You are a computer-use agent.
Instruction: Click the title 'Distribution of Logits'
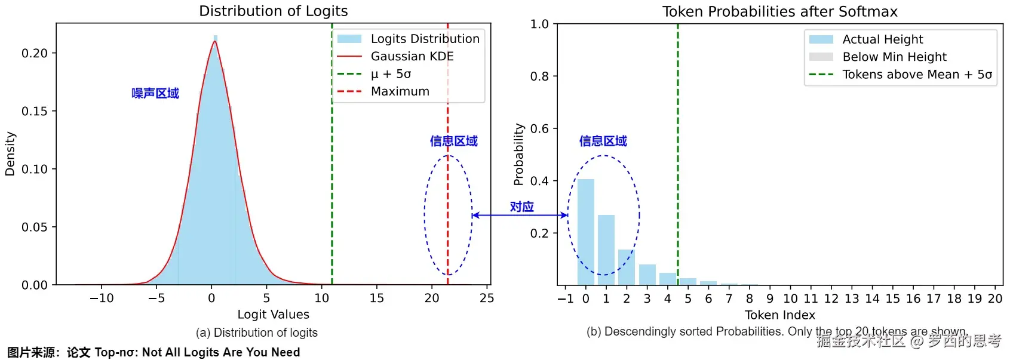click(273, 11)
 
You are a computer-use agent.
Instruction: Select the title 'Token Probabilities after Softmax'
click(779, 11)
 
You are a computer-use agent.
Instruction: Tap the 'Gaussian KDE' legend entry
click(412, 56)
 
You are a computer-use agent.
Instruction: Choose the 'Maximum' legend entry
click(400, 91)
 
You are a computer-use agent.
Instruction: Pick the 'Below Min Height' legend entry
click(894, 57)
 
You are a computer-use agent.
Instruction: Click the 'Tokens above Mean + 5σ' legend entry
click(917, 75)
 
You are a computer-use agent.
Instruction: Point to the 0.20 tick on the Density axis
click(35, 53)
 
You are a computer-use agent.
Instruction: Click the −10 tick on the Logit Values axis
click(102, 298)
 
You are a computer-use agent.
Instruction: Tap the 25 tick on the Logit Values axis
click(487, 298)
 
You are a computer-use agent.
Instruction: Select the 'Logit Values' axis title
click(273, 315)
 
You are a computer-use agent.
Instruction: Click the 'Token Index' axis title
click(779, 315)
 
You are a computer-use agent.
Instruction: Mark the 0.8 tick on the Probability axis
click(539, 76)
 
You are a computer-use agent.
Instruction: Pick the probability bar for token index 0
click(586, 232)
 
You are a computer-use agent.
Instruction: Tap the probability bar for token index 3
click(647, 275)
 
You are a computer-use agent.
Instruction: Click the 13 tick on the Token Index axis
click(852, 299)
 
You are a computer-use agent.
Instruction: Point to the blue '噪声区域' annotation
click(155, 93)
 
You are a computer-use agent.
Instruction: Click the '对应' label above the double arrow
click(521, 207)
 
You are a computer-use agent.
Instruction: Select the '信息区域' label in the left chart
click(453, 141)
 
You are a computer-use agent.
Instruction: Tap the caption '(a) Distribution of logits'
click(257, 333)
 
